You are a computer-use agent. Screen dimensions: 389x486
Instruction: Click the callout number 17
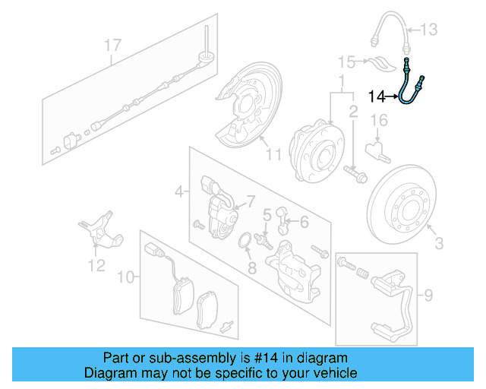[112, 46]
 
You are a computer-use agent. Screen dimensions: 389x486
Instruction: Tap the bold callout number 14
[377, 96]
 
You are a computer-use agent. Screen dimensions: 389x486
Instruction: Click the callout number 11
[273, 155]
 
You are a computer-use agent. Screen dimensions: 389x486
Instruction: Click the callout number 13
[429, 30]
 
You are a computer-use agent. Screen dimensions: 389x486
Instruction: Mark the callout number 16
[378, 120]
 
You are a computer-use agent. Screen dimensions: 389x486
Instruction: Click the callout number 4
[178, 192]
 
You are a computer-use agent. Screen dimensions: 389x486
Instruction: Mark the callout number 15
[347, 61]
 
